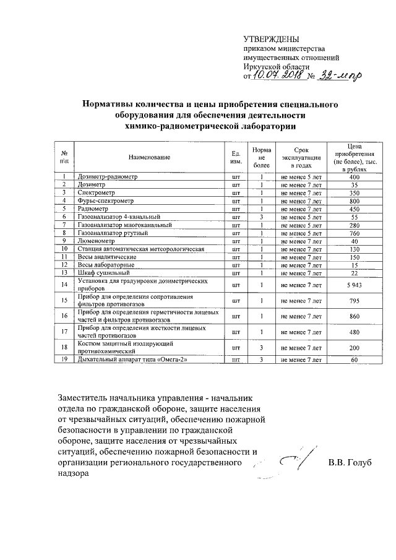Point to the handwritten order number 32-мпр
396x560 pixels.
coord(338,75)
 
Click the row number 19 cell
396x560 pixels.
coord(64,360)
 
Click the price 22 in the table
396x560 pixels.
coord(354,273)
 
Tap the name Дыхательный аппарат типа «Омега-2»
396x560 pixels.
coord(131,360)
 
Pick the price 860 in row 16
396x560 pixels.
coord(354,316)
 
